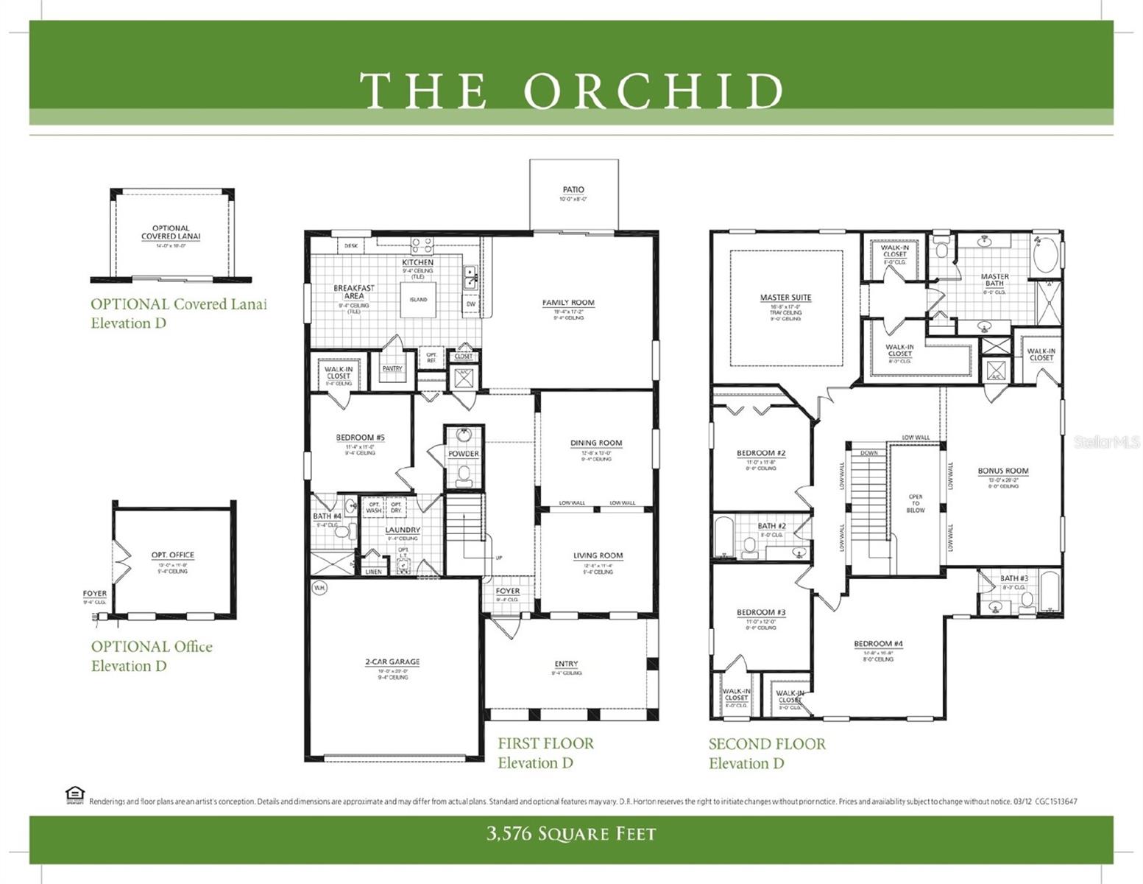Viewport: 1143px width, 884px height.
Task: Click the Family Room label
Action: pyautogui.click(x=568, y=303)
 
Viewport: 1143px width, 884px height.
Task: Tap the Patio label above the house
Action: pyautogui.click(x=573, y=190)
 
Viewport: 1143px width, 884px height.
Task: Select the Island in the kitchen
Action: pyautogui.click(x=418, y=300)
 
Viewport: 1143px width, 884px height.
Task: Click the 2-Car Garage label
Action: pyautogui.click(x=392, y=662)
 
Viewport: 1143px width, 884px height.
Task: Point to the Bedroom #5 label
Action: pyautogui.click(x=360, y=438)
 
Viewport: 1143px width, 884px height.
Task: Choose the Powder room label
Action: pyautogui.click(x=464, y=454)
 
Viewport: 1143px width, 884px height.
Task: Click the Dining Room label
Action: pyautogui.click(x=596, y=443)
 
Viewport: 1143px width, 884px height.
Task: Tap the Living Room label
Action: pyautogui.click(x=598, y=556)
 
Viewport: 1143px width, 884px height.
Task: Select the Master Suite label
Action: pyautogui.click(x=785, y=298)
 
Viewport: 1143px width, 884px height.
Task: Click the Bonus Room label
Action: pyautogui.click(x=1003, y=471)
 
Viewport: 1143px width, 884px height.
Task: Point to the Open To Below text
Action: pyautogui.click(x=916, y=503)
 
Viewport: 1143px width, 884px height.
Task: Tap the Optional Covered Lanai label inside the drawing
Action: pyautogui.click(x=171, y=232)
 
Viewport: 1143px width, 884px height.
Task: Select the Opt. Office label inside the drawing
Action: pyautogui.click(x=173, y=555)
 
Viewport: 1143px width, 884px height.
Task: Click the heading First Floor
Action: pyautogui.click(x=545, y=743)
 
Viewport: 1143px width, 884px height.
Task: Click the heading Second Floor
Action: pyautogui.click(x=767, y=744)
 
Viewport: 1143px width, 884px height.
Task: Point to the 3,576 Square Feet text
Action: pyautogui.click(x=570, y=834)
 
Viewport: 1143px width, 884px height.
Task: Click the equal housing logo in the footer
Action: pyautogui.click(x=74, y=795)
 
